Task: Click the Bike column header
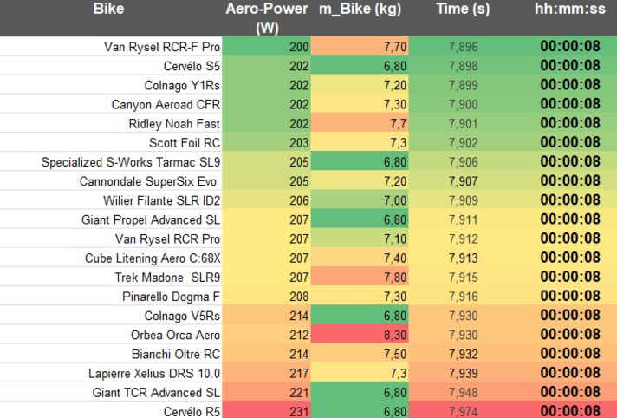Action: pos(108,9)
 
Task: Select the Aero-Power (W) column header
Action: pos(267,18)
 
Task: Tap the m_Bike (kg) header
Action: pos(360,10)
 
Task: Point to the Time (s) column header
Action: pos(463,10)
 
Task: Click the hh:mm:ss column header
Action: pos(570,9)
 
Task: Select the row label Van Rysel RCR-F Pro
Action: pos(162,47)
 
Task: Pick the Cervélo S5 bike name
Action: pos(192,66)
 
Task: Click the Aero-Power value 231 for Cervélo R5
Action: pos(299,411)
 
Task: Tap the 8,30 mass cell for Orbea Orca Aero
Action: pos(395,335)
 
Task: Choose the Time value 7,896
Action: pos(463,47)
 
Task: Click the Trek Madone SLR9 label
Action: pos(167,278)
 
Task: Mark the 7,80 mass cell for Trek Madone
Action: pos(395,278)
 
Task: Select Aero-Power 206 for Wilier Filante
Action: pos(299,200)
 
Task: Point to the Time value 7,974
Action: pos(463,411)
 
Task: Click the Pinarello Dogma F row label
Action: pos(171,297)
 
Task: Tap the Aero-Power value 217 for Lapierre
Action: pos(299,374)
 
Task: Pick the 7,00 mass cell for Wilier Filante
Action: pos(395,200)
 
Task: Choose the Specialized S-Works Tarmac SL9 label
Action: pos(131,162)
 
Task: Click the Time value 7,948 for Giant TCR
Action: pos(463,393)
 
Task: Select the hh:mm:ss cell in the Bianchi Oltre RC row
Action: pos(570,353)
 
